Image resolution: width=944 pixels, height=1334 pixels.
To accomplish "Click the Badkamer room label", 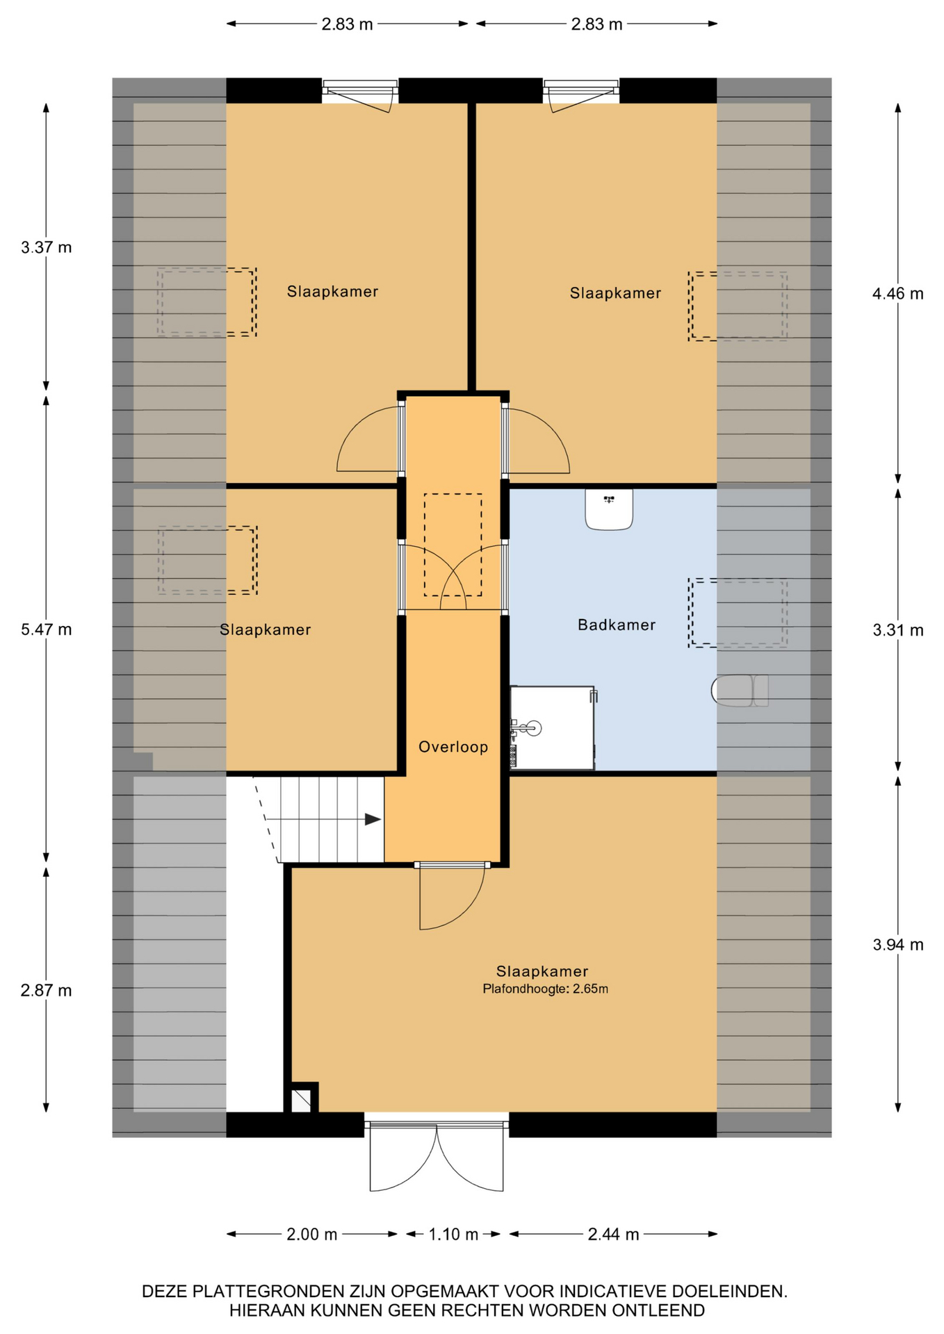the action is tap(617, 625).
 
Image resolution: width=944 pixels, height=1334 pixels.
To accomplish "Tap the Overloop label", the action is tap(453, 747).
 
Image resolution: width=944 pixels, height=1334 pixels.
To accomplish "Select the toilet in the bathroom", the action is tap(740, 691).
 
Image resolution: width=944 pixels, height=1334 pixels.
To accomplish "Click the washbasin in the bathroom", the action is tap(609, 509).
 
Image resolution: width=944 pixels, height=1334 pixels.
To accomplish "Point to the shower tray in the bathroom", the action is tap(553, 728).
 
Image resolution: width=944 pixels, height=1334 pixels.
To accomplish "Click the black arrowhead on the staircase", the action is tap(373, 819).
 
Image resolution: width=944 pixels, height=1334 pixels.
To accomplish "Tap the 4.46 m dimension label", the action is tap(898, 294).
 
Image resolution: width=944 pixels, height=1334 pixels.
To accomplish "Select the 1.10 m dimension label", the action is tap(453, 1234).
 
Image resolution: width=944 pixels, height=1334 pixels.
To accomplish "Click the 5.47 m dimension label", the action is tap(47, 629).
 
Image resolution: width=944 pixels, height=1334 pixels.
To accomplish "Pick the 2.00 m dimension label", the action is tap(312, 1234).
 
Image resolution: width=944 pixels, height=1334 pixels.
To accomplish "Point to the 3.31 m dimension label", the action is tap(898, 630).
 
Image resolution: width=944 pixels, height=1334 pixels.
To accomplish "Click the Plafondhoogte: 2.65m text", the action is tap(546, 989).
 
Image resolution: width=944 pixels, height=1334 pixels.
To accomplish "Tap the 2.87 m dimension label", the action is tap(47, 990).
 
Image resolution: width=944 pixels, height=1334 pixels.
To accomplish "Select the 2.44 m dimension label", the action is tap(613, 1234).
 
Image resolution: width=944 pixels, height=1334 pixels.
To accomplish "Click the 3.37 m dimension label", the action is tap(47, 247).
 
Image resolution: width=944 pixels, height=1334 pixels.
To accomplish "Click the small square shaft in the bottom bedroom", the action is tap(301, 1101).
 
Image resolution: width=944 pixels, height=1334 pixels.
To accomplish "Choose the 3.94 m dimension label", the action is tap(898, 944).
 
